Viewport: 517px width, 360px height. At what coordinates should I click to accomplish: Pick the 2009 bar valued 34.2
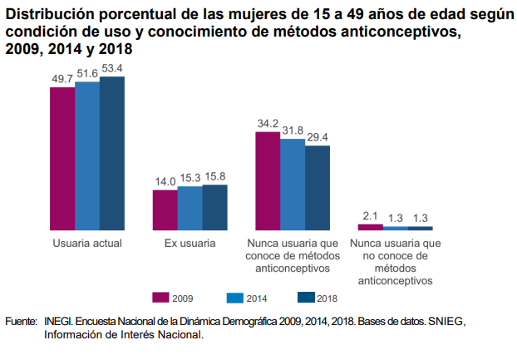[268, 180]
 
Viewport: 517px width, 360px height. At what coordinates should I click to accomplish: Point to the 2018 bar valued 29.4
[318, 187]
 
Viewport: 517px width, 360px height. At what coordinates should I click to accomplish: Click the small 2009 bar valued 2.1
[370, 226]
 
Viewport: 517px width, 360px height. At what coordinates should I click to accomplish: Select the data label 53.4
[112, 68]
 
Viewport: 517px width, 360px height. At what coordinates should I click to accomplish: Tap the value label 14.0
[165, 181]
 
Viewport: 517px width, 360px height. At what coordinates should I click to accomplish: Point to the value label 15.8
[214, 176]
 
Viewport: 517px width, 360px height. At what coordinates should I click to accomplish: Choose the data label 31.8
[293, 130]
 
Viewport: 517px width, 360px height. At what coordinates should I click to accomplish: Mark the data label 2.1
[370, 215]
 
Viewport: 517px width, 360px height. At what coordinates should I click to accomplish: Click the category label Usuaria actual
[87, 244]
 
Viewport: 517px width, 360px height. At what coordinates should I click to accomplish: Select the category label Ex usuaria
[190, 244]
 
